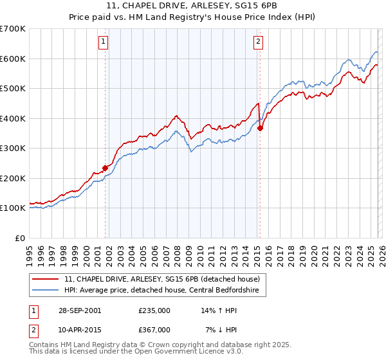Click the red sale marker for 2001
pos(105,168)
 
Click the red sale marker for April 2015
pos(260,128)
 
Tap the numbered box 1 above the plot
pos(104,42)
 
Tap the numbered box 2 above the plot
pos(258,42)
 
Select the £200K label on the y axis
pos(12,178)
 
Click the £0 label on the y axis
pos(19,238)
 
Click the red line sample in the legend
pos(46,279)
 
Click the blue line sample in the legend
pos(46,290)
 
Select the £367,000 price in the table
pos(154,329)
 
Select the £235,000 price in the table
pos(154,310)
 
